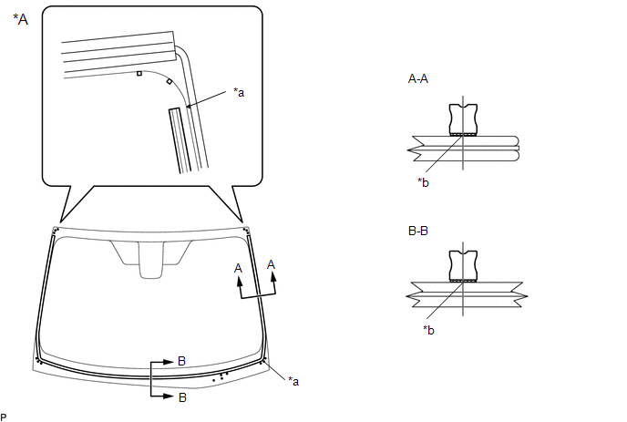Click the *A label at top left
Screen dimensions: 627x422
(x=20, y=19)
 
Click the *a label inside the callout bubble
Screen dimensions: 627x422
(x=239, y=92)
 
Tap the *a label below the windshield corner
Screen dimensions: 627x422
(x=293, y=382)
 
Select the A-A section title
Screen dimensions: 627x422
(x=418, y=78)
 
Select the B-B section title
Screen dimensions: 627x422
(x=418, y=231)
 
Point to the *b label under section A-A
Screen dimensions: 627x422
(x=423, y=182)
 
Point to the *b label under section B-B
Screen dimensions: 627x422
(x=428, y=330)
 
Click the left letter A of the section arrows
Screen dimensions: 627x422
(x=239, y=268)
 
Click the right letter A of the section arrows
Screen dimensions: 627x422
(x=271, y=265)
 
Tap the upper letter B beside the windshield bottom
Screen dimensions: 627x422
(x=181, y=361)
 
